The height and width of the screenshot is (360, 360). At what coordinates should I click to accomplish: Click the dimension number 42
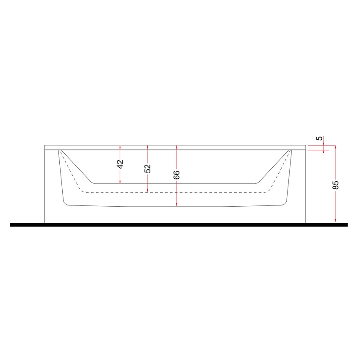point(120,164)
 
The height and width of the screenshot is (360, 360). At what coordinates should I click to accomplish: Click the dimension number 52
point(147,168)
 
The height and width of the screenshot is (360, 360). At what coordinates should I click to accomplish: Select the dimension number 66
point(177,175)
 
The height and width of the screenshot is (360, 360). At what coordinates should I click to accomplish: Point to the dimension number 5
point(320,138)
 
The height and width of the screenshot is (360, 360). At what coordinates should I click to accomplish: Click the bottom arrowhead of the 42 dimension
point(120,182)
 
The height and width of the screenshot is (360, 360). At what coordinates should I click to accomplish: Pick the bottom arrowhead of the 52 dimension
point(147,191)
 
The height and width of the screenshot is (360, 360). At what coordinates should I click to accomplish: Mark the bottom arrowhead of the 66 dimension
point(177,205)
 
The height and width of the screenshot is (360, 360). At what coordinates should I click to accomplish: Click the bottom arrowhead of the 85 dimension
point(335,221)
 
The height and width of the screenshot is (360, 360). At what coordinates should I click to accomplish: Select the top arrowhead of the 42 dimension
point(120,147)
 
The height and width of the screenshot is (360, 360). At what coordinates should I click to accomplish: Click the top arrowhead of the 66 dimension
point(177,147)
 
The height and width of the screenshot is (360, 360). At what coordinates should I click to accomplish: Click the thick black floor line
point(178,224)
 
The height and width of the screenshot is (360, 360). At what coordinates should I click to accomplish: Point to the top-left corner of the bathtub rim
point(45,145)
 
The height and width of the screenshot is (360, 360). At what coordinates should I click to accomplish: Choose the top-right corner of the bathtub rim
point(306,145)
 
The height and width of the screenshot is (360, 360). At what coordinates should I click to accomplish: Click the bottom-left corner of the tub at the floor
point(45,222)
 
